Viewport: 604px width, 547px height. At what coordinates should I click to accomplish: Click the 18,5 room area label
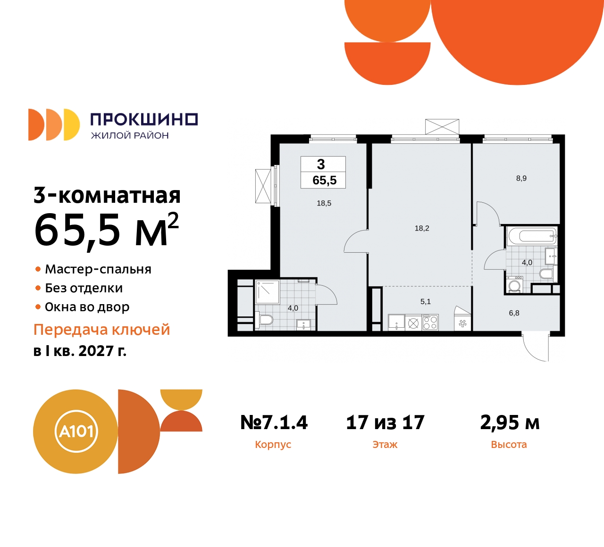tap(324, 203)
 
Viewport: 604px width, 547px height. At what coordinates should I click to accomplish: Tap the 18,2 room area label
tap(422, 228)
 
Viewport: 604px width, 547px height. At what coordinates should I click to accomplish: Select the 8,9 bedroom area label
tap(521, 178)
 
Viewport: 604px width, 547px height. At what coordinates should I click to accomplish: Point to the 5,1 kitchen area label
tap(425, 301)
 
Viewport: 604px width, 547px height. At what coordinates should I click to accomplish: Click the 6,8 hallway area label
tap(514, 313)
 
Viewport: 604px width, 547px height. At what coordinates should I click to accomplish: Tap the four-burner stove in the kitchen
tap(430, 323)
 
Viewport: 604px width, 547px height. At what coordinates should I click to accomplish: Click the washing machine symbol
tap(514, 285)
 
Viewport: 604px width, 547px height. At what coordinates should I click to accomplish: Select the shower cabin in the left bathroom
tap(268, 292)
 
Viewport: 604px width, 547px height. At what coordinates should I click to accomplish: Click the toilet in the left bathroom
tap(265, 320)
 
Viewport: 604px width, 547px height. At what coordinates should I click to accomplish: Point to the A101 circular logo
tap(76, 431)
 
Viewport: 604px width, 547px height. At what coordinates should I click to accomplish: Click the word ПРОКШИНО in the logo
tap(144, 119)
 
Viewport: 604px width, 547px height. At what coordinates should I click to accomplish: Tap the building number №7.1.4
tap(274, 423)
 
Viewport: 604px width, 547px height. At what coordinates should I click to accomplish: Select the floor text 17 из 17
tap(385, 423)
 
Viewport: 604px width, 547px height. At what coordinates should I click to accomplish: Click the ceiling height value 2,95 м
tap(510, 423)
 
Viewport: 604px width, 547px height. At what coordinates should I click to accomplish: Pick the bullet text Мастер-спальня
tap(98, 269)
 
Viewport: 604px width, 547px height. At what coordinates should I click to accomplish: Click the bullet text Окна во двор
tap(87, 307)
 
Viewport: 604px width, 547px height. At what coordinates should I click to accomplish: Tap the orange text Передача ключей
tap(101, 330)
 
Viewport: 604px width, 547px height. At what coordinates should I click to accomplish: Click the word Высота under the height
tap(509, 445)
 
